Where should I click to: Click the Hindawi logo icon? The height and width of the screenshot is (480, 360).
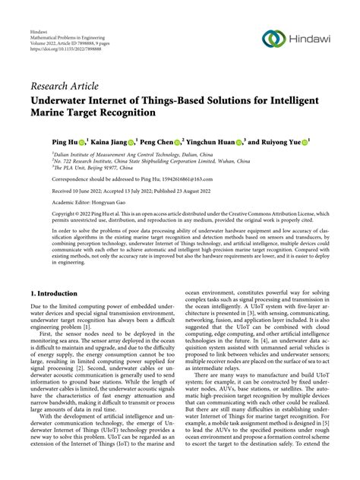point(273,39)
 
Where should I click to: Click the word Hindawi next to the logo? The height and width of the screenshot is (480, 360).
point(308,39)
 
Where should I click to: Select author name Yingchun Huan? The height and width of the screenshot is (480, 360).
point(210,142)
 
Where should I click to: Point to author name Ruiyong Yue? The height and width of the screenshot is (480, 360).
point(280,142)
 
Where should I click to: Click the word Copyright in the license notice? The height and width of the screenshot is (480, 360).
point(44,215)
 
